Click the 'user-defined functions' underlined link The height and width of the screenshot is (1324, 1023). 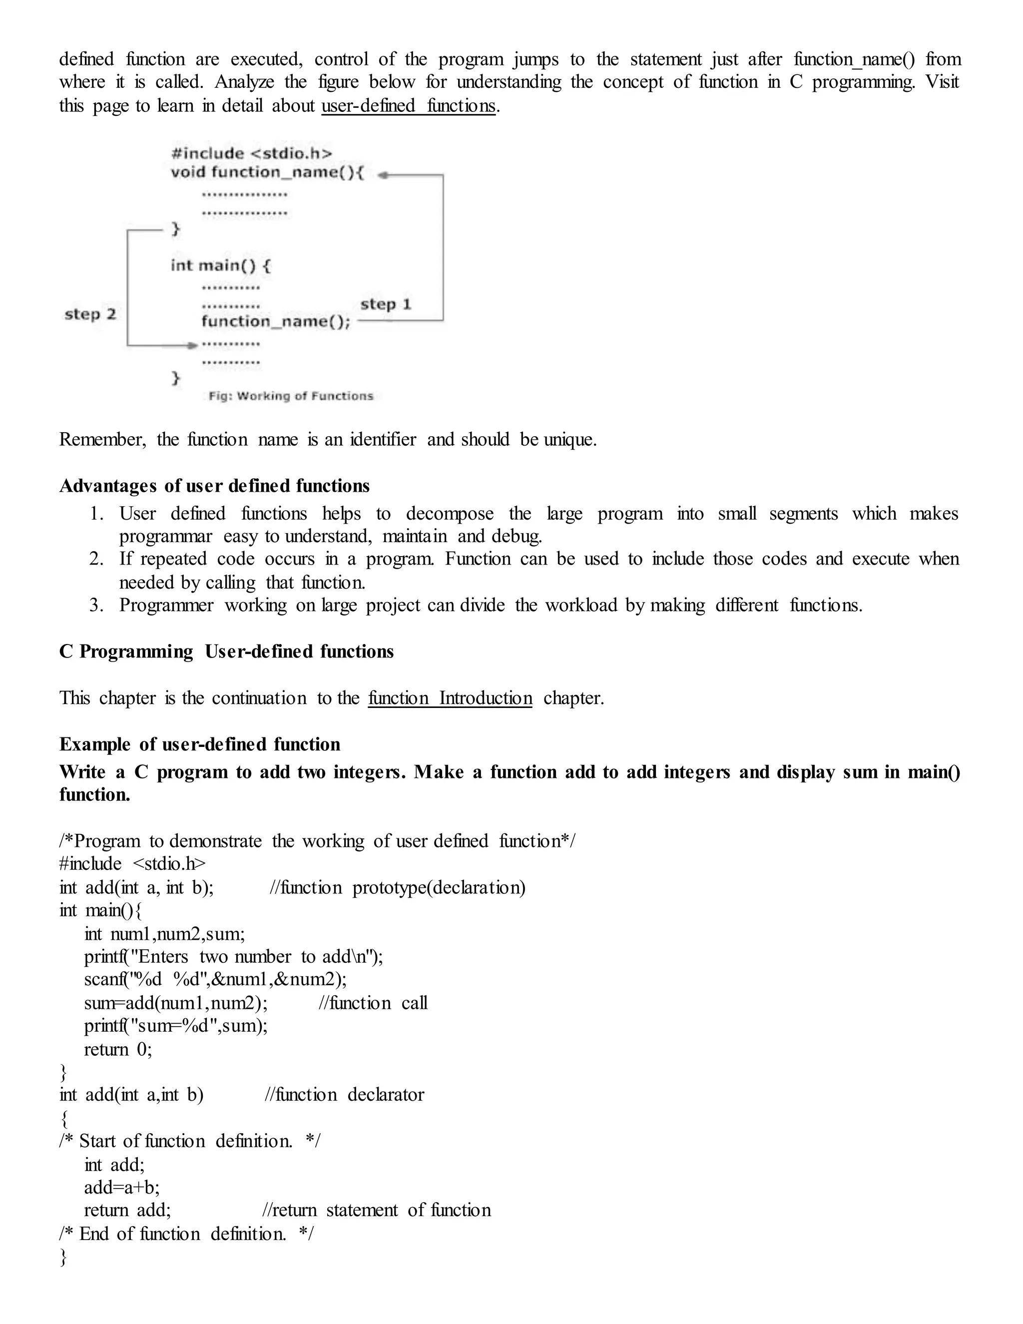click(x=409, y=106)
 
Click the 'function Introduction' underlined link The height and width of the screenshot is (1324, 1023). click(x=450, y=698)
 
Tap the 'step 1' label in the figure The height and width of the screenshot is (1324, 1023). click(x=386, y=304)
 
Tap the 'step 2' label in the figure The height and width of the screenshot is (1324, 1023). click(x=90, y=314)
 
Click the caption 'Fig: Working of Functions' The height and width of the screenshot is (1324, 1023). click(x=291, y=396)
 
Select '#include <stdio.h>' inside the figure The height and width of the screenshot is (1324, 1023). click(x=252, y=153)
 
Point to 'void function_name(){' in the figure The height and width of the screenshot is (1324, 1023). click(x=267, y=173)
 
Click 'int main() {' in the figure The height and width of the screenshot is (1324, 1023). click(x=221, y=265)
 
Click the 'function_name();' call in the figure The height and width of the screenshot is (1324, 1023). click(x=276, y=321)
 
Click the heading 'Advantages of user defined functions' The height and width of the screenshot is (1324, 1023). click(x=214, y=486)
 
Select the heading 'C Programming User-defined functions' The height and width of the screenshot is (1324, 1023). click(x=226, y=651)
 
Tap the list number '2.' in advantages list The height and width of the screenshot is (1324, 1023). click(x=96, y=559)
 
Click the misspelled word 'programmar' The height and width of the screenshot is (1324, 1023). click(x=165, y=537)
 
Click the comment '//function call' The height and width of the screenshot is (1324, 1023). click(x=373, y=1003)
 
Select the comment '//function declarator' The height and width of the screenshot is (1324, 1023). click(x=344, y=1094)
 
